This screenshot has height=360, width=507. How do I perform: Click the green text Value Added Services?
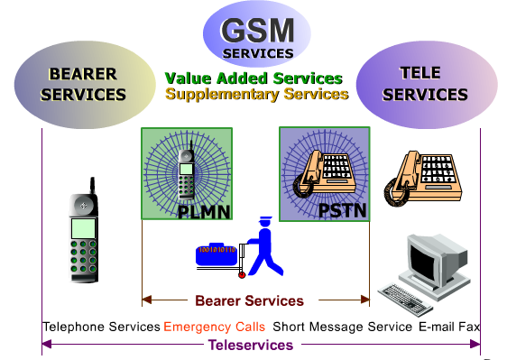tap(253, 78)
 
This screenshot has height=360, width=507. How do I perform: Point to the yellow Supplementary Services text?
tap(257, 94)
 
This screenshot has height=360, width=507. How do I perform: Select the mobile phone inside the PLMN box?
tap(187, 171)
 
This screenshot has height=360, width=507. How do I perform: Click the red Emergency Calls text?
tap(214, 326)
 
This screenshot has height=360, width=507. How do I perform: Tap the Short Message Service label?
tap(342, 326)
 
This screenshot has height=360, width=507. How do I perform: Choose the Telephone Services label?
tap(100, 326)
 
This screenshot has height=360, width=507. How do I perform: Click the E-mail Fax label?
tap(448, 326)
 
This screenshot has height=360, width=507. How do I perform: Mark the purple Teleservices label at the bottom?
tap(251, 345)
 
